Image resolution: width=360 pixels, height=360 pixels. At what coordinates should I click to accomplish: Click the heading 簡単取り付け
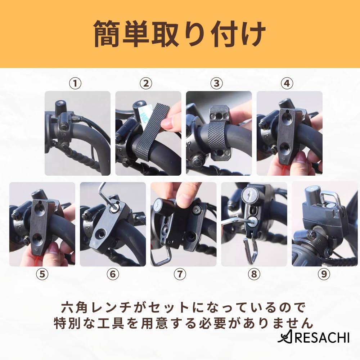[x=180, y=34]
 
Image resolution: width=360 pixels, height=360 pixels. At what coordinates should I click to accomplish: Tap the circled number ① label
[x=75, y=84]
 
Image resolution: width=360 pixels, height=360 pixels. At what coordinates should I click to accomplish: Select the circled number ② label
[x=146, y=84]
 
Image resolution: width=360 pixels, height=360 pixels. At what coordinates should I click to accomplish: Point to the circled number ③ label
[x=216, y=84]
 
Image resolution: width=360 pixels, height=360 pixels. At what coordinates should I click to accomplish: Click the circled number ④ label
[x=287, y=84]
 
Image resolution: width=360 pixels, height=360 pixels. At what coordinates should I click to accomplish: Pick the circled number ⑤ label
[x=42, y=274]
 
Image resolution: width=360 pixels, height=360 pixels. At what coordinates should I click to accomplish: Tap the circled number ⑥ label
[x=113, y=274]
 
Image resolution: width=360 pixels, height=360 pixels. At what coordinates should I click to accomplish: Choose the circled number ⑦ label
[x=183, y=274]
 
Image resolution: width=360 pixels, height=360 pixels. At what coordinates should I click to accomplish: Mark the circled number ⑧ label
[x=254, y=274]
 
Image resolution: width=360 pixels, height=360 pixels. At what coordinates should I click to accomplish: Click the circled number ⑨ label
[x=324, y=274]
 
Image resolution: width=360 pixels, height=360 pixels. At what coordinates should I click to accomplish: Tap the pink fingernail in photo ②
[x=167, y=124]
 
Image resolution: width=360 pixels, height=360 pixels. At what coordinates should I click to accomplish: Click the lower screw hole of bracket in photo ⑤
[x=37, y=238]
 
